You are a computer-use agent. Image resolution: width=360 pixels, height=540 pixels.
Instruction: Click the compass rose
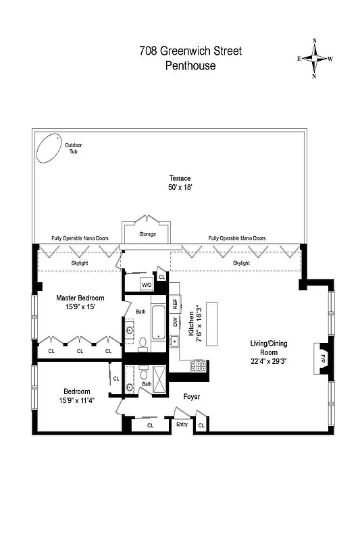click(x=315, y=59)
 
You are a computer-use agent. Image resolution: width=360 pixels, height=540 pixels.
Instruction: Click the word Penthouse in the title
click(x=190, y=65)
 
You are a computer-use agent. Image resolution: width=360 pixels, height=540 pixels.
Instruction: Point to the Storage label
click(x=147, y=234)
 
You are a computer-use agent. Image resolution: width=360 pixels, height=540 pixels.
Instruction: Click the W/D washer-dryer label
click(x=147, y=285)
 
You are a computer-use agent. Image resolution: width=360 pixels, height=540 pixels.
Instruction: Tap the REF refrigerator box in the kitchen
click(x=175, y=303)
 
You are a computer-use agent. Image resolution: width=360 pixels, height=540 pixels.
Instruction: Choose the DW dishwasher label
click(x=175, y=321)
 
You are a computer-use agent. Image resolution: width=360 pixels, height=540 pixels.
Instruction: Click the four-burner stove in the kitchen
click(x=199, y=367)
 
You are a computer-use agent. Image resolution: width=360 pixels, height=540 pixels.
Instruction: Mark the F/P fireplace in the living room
click(x=323, y=357)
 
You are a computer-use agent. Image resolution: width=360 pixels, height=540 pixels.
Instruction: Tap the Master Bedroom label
click(x=80, y=298)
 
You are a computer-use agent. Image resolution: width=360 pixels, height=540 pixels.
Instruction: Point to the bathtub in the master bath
click(x=157, y=323)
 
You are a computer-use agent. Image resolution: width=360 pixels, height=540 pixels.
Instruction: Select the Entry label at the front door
click(x=182, y=425)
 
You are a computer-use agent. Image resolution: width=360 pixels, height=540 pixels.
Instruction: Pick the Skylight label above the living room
click(x=242, y=263)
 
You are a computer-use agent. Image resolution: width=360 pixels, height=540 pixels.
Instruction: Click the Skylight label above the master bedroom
click(x=80, y=263)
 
